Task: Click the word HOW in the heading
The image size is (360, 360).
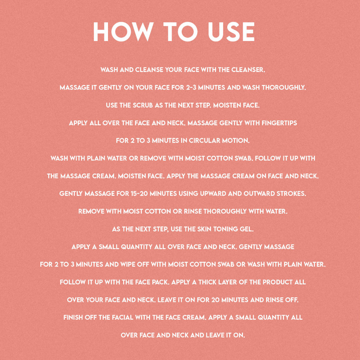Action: tap(123, 32)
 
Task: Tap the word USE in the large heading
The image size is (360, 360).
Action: tap(231, 32)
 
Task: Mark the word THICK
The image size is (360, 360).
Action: tap(206, 282)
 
